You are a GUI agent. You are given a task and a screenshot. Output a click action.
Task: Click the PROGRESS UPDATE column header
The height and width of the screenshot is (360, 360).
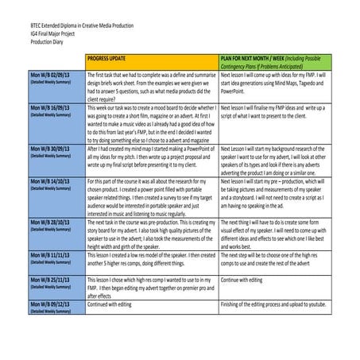pyautogui.click(x=109, y=60)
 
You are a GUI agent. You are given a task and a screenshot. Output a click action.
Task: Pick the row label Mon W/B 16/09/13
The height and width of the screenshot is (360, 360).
pyautogui.click(x=48, y=108)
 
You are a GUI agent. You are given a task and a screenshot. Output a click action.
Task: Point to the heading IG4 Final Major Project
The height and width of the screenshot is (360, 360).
pyautogui.click(x=49, y=33)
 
